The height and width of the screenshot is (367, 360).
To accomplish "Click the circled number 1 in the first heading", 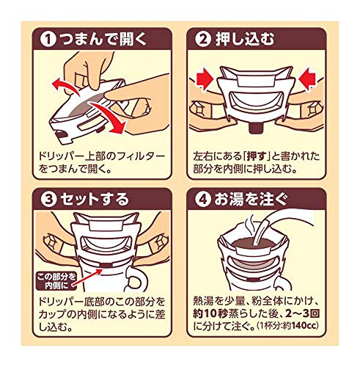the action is point(48,40).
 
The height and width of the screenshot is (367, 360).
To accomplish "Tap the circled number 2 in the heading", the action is point(203,40).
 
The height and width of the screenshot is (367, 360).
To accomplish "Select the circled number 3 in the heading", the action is point(48,200).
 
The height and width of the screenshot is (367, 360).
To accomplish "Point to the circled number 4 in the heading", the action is point(203,200).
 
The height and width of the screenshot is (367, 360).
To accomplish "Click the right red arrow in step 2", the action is point(309,79).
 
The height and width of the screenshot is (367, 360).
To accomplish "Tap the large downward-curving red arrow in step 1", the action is point(110,116).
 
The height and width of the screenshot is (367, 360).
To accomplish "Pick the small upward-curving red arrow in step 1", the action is point(65,86).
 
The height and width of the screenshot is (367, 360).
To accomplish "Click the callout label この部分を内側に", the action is point(56,280).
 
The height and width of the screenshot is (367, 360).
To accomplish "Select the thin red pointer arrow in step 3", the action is point(87,277).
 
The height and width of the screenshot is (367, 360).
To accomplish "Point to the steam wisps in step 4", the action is point(250,225).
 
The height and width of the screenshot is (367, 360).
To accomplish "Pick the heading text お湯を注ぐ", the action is point(251,200).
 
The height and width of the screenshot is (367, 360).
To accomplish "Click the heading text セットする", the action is point(95,200).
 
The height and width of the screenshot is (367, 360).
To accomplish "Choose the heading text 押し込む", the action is point(245,40).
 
